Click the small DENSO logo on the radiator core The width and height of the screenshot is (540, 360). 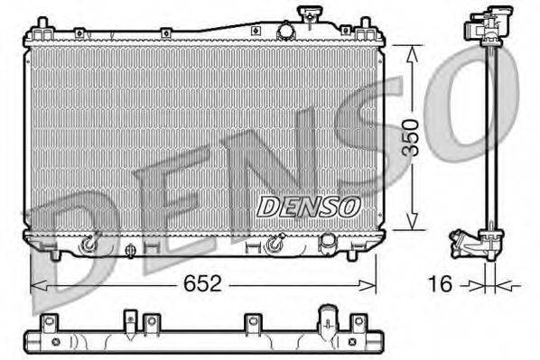[308, 207]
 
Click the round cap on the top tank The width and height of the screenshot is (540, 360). [286, 31]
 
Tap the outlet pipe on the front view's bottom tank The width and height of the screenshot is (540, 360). [329, 242]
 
